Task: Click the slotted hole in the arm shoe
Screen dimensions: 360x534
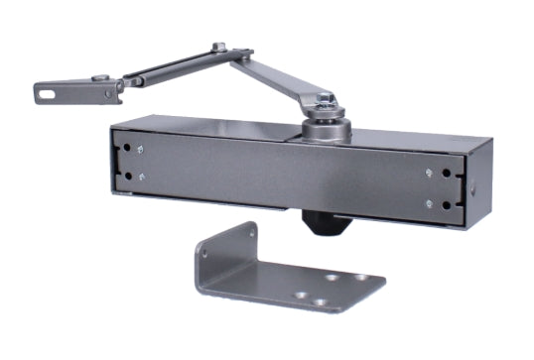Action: [x=47, y=94]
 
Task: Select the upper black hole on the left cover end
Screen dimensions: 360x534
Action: [x=128, y=152]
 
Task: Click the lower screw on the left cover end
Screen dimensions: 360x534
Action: [x=143, y=179]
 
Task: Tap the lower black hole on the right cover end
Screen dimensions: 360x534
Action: [x=448, y=204]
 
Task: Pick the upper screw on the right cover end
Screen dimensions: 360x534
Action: [x=428, y=173]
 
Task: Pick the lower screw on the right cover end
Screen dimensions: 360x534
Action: [x=429, y=204]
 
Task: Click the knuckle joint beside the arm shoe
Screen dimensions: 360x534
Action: [x=112, y=89]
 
